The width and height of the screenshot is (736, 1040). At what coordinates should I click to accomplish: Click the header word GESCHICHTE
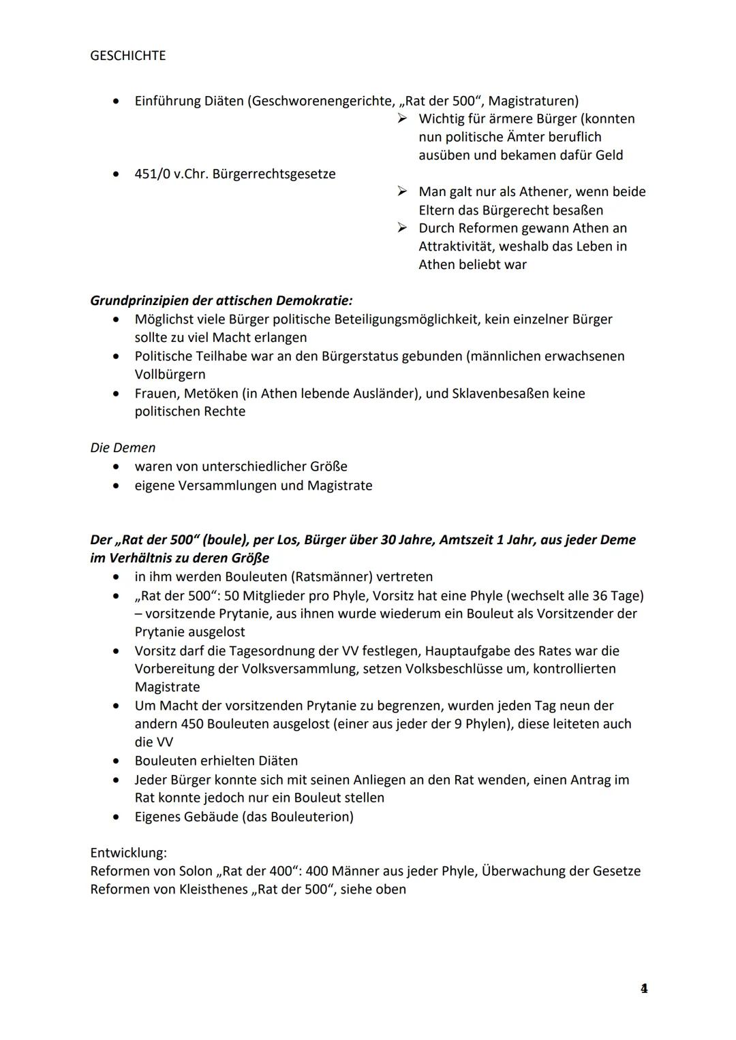point(127,56)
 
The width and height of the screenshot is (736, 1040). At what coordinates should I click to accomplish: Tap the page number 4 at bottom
point(643,988)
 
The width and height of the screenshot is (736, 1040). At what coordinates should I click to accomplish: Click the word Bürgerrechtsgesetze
point(274,174)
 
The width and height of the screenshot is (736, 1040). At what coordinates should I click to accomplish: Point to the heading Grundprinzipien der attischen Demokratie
point(221,300)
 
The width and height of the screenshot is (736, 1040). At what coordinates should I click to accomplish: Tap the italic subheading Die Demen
point(123,447)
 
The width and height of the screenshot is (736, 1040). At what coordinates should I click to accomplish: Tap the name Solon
point(196,870)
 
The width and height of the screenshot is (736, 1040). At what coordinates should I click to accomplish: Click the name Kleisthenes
point(213,889)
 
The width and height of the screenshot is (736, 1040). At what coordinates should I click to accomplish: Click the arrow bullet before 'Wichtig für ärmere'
point(403,119)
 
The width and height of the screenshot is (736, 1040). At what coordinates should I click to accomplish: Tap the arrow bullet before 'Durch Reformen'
point(403,228)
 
